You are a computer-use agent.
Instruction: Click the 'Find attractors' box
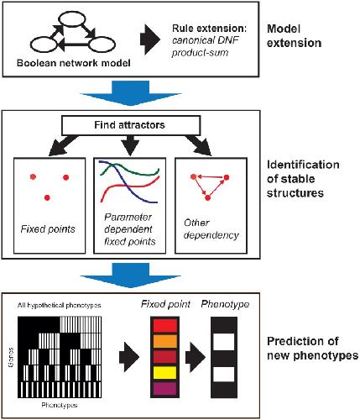131,125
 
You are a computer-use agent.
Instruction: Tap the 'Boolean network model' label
74,63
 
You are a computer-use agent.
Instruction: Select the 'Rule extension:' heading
209,29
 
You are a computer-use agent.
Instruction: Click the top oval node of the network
71,19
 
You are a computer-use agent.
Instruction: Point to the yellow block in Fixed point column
165,372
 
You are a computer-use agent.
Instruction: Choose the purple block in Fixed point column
165,388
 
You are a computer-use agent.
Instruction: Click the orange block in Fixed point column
165,341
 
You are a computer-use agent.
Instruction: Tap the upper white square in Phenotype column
224,342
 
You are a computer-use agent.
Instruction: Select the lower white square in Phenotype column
224,375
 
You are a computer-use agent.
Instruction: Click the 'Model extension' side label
294,36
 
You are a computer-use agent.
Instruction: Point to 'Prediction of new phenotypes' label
312,349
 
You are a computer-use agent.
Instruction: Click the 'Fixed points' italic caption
48,229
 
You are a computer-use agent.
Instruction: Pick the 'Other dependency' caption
211,229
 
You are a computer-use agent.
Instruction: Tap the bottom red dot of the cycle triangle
207,198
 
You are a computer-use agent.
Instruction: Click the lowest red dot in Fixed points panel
47,197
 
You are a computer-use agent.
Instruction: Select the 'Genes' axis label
11,357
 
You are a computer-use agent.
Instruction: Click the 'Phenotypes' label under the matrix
60,405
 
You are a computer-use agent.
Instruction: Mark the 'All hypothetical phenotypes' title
59,305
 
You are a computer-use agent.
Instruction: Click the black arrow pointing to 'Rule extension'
150,39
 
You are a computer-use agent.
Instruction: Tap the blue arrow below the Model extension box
130,93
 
